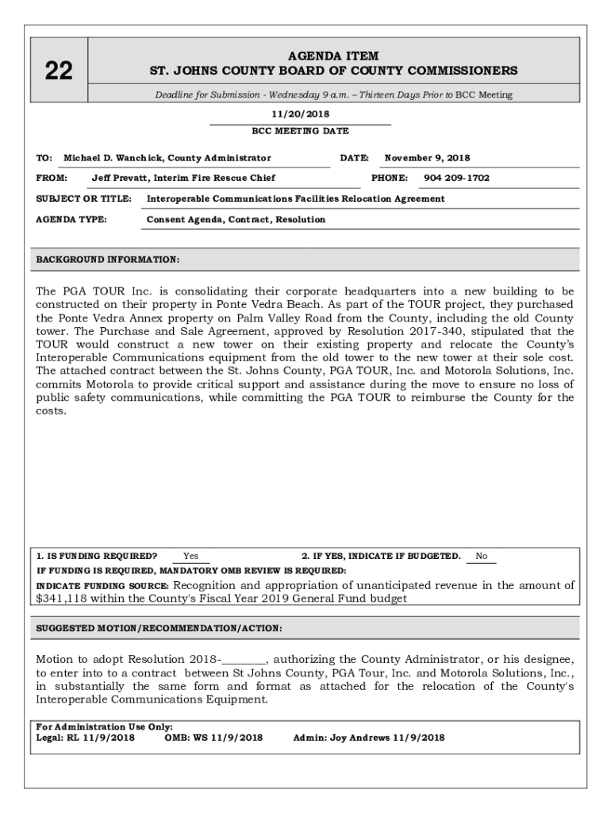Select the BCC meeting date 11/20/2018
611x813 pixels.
click(x=300, y=114)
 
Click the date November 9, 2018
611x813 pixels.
click(x=427, y=158)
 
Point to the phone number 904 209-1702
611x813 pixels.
click(x=456, y=178)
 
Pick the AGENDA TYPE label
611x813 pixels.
click(x=71, y=219)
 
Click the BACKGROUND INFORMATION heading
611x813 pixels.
click(x=108, y=260)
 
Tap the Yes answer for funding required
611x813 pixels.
click(x=190, y=556)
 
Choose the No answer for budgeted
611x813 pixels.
click(x=481, y=556)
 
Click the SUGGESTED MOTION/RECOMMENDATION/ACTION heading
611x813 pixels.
click(x=159, y=628)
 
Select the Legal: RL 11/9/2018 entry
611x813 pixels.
click(x=86, y=738)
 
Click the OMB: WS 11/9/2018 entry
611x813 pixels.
click(x=213, y=738)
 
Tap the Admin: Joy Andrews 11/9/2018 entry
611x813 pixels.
click(x=369, y=738)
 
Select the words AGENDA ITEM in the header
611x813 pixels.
click(x=333, y=56)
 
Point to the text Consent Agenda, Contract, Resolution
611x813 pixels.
click(x=236, y=219)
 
